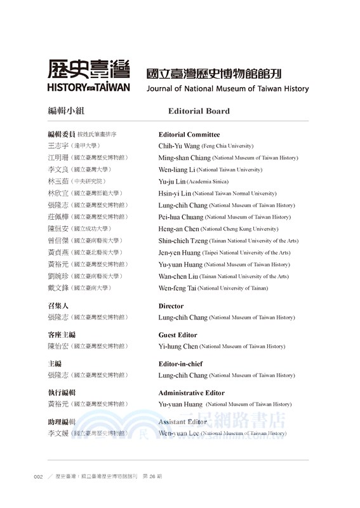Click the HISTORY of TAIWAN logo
(x=89, y=76)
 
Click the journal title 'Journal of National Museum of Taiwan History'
(x=227, y=89)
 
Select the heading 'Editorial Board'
(x=199, y=111)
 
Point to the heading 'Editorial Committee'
(x=189, y=135)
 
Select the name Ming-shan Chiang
(x=184, y=157)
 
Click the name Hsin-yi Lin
(x=175, y=193)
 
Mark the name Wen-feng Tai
(x=177, y=288)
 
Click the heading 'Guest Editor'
(x=178, y=335)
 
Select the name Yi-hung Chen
(x=178, y=347)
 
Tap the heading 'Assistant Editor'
(x=182, y=422)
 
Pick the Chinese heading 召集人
(x=58, y=305)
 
